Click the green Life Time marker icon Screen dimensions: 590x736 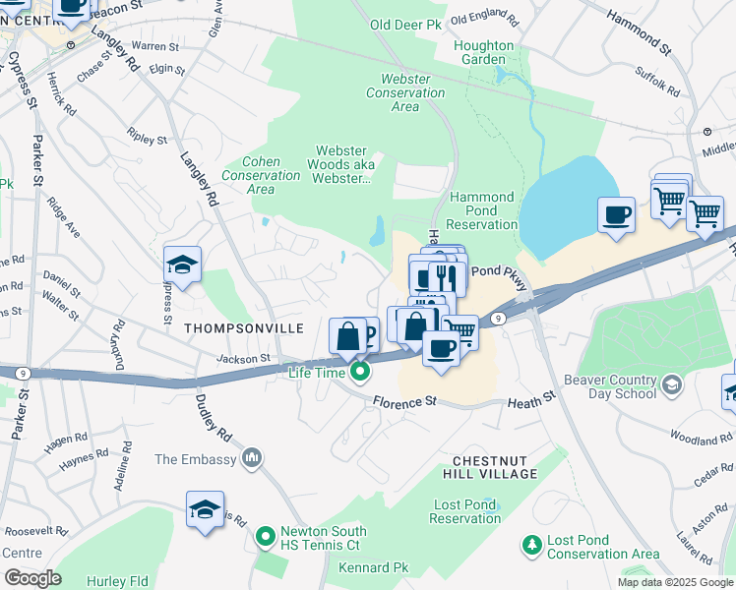tap(361, 372)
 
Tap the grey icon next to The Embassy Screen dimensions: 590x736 tap(253, 458)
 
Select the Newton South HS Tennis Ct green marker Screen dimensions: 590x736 tap(264, 537)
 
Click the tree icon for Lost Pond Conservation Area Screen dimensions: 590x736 tap(532, 544)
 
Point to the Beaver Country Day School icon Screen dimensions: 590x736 tap(671, 383)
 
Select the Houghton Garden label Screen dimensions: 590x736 tap(483, 52)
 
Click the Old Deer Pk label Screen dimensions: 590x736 tap(404, 25)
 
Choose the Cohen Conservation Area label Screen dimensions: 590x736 tap(260, 175)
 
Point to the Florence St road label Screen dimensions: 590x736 tap(403, 401)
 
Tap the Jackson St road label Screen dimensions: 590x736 tap(243, 360)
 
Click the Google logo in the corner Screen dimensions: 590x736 tap(32, 577)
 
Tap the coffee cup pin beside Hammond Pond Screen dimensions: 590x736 tap(617, 214)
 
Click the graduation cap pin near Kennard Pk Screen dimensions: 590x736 tap(205, 509)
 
